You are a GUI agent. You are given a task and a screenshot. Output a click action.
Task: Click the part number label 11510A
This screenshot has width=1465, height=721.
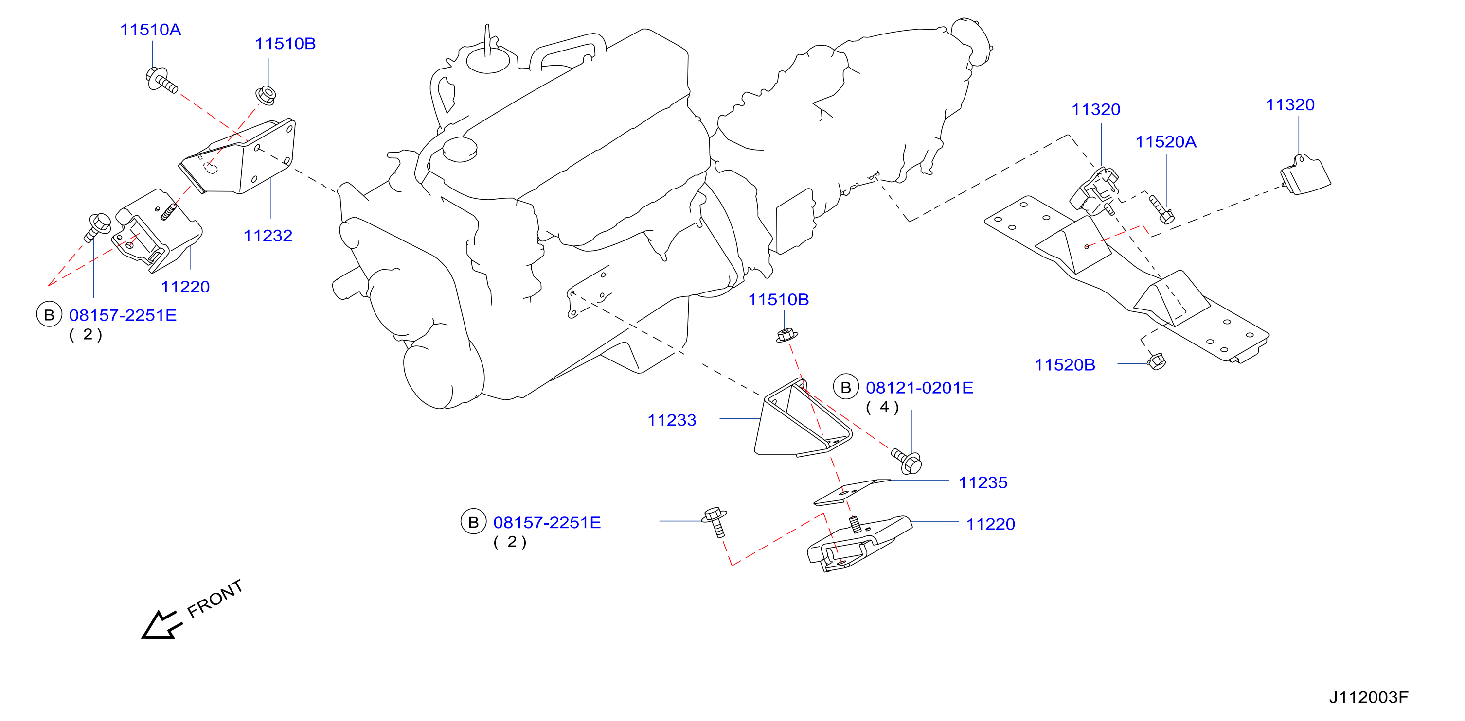(x=151, y=30)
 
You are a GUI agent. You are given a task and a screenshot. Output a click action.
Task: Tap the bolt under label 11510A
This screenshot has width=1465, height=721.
(x=161, y=80)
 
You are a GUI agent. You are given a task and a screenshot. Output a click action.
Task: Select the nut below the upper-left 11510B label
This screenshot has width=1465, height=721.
(x=266, y=95)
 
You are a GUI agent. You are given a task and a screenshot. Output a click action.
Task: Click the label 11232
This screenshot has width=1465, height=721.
(x=268, y=235)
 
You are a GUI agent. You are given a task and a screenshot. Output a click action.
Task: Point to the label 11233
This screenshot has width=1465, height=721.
(x=672, y=420)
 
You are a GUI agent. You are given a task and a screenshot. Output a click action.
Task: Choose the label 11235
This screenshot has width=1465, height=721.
(x=983, y=482)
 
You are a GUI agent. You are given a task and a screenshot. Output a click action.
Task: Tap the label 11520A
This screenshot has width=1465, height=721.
(x=1166, y=142)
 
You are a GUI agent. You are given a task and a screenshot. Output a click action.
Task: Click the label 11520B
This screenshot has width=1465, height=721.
(x=1065, y=365)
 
